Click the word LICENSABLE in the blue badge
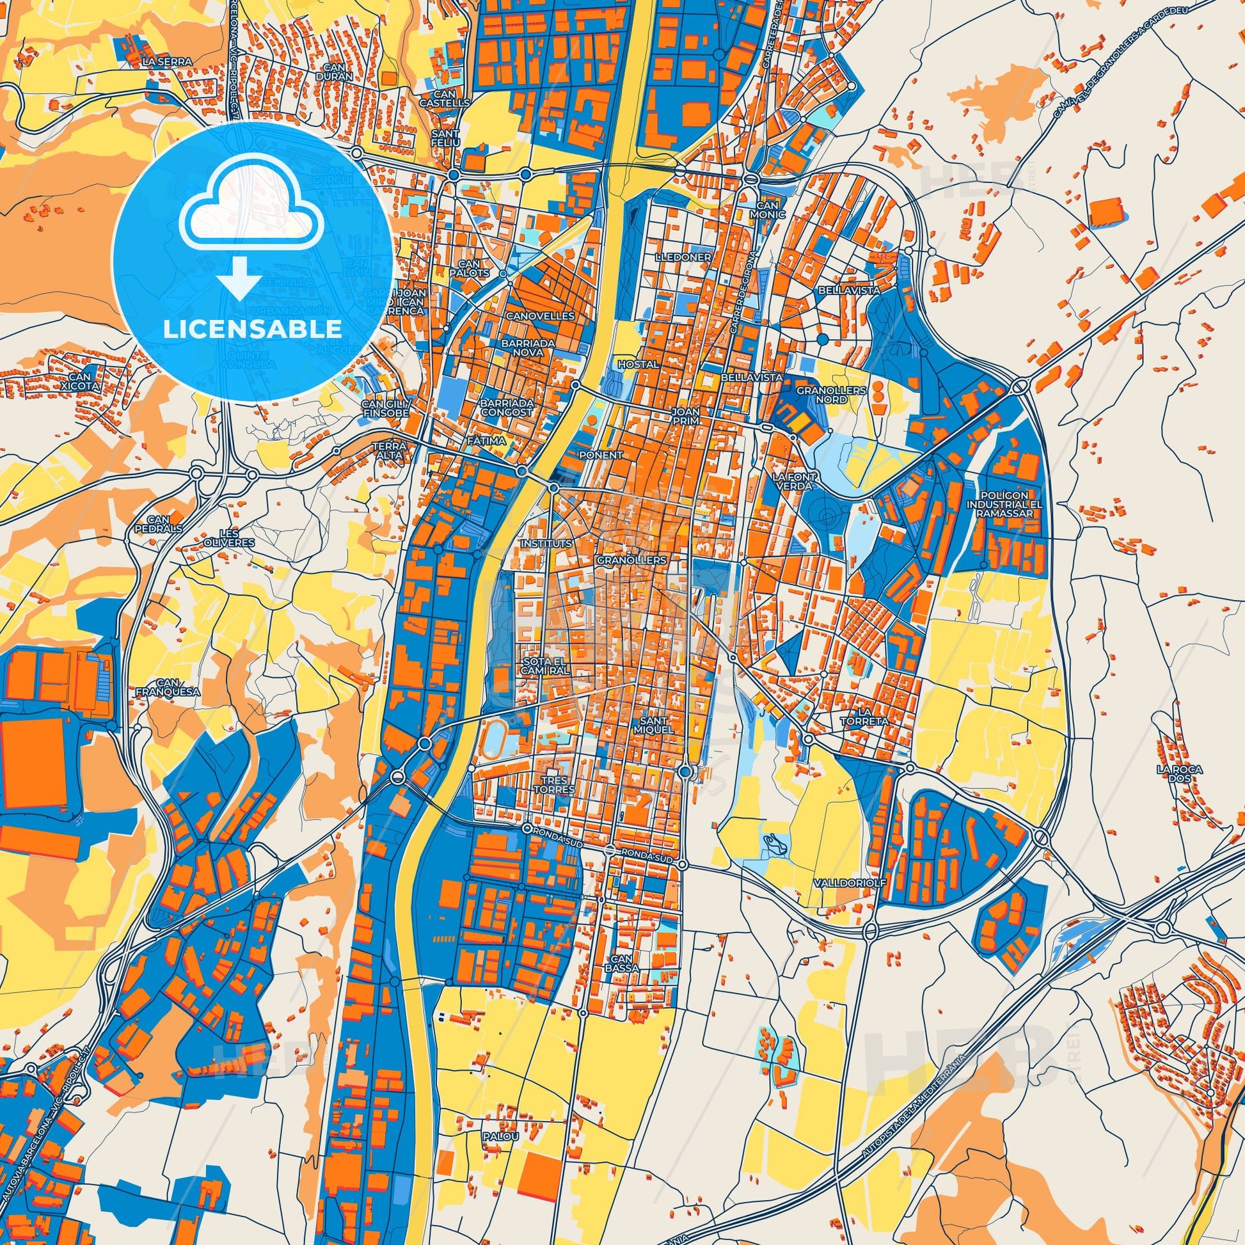(x=252, y=329)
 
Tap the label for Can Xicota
(x=82, y=382)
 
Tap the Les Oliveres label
(x=237, y=537)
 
